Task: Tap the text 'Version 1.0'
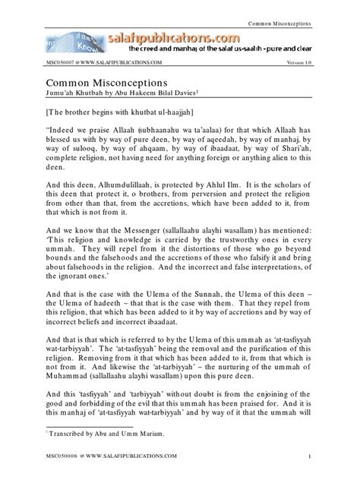click(299, 62)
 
